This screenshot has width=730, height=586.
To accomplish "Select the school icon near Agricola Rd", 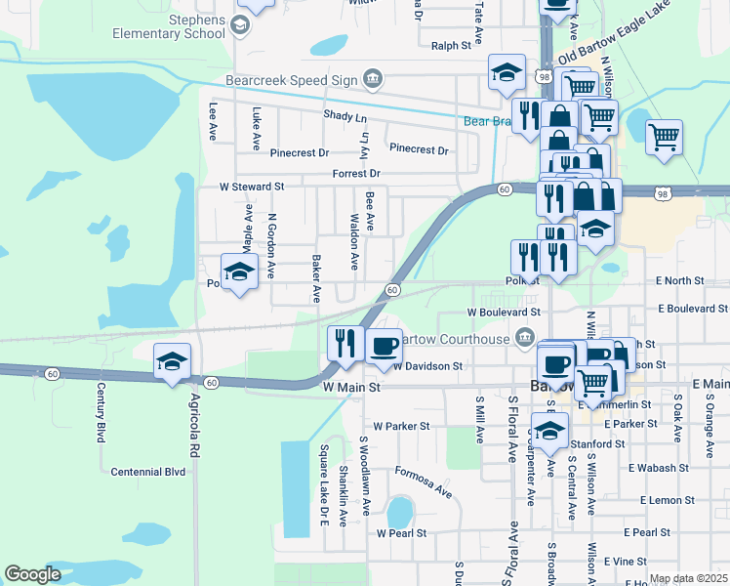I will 172,363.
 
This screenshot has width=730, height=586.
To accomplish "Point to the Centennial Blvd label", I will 148,472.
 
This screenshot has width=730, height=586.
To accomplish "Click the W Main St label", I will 350,388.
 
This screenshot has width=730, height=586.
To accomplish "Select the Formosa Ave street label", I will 423,479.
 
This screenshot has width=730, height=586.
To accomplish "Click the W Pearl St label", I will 401,533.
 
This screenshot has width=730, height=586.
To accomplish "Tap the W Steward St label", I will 251,186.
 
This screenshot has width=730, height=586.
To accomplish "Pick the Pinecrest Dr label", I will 418,149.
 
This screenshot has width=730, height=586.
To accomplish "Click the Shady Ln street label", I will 345,116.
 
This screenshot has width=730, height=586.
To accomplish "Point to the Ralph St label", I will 451,45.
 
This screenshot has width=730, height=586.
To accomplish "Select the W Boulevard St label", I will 504,313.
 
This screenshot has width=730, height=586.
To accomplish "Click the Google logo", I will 33,574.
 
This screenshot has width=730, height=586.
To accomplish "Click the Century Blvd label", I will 101,413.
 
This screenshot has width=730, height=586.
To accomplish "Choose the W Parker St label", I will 401,427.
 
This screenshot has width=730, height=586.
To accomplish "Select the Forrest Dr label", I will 354,174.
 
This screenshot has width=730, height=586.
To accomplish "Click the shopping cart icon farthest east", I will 664,137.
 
